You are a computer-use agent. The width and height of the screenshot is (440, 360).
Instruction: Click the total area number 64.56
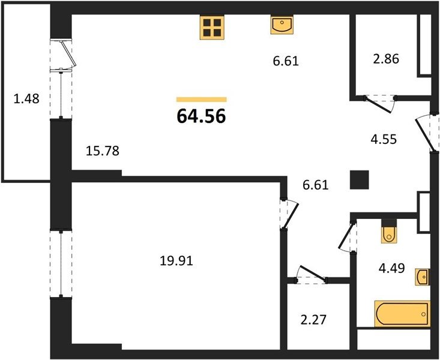tap(202, 116)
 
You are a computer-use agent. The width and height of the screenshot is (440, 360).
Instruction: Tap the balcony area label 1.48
tap(26, 99)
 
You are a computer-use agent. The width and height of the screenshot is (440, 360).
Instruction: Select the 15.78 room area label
tap(103, 151)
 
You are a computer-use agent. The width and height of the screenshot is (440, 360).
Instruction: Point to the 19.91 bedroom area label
tap(176, 261)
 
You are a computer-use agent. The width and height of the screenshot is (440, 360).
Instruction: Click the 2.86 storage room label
tap(386, 59)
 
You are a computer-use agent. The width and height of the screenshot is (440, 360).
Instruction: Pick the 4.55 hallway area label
tap(384, 139)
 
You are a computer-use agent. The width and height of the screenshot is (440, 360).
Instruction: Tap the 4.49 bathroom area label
tap(392, 268)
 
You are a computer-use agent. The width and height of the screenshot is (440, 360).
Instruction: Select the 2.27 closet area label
tap(313, 320)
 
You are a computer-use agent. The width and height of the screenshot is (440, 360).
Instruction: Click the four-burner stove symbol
tap(212, 27)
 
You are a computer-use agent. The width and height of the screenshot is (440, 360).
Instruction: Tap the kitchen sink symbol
tap(282, 25)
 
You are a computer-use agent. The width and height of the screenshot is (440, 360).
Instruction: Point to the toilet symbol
tap(389, 231)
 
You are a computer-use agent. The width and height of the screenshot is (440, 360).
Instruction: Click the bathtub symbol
tap(402, 314)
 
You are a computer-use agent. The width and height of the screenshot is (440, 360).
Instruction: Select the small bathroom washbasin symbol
tap(423, 277)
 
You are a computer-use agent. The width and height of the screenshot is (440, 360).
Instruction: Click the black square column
tap(359, 180)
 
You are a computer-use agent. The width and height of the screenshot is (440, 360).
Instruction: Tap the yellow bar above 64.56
tap(202, 100)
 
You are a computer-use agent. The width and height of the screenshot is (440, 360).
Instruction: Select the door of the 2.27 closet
tap(312, 274)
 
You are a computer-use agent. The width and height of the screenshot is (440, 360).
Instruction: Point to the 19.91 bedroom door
tap(289, 214)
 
